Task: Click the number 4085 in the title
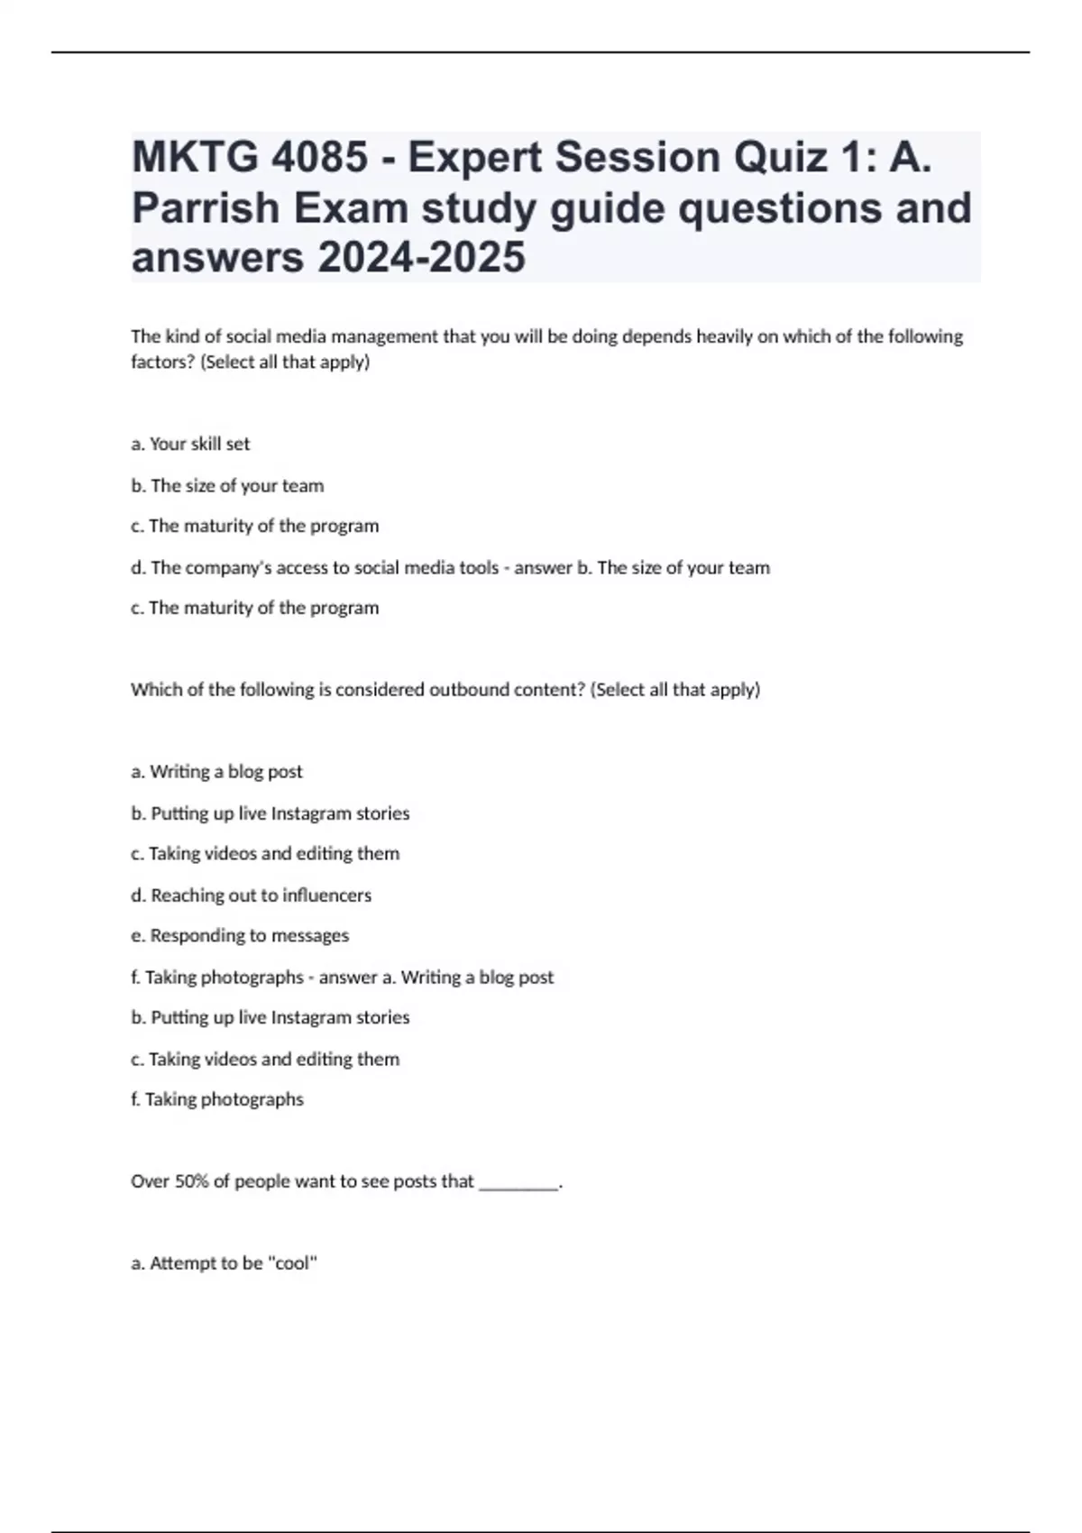[319, 158]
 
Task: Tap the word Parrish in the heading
[206, 208]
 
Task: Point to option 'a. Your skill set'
[190, 444]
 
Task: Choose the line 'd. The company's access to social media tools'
[315, 567]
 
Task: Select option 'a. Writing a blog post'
[216, 772]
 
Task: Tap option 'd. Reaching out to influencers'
[251, 895]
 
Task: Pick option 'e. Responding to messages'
[240, 936]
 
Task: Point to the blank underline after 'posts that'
[518, 1183]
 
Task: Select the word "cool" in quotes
[292, 1263]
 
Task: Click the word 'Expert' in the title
[474, 158]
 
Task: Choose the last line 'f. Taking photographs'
[216, 1099]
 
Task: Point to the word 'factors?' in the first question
[162, 363]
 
